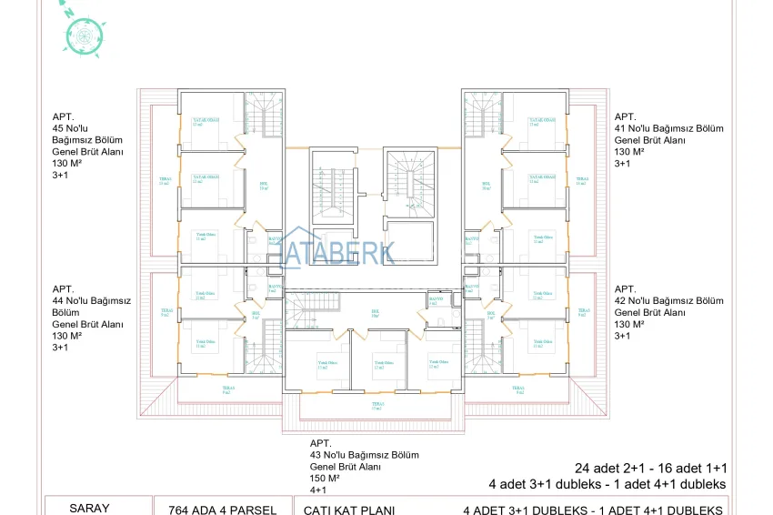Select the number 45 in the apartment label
click(x=59, y=128)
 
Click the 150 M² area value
click(x=325, y=478)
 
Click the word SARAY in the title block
click(x=90, y=509)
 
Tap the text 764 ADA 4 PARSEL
click(x=215, y=510)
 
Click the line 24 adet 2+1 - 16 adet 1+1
click(x=650, y=468)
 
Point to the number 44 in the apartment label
click(x=59, y=300)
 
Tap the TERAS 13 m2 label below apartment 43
click(x=376, y=407)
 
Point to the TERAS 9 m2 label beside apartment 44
click(x=166, y=312)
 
